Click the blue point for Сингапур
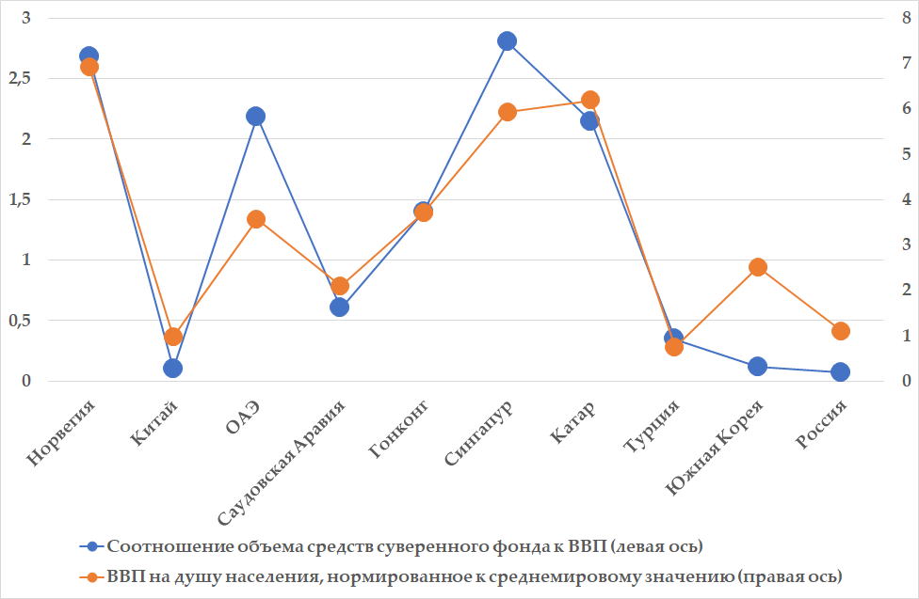pos(507,40)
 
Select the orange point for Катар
pos(590,100)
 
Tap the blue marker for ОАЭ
pos(256,116)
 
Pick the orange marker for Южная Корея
pos(758,267)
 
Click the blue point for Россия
pos(841,371)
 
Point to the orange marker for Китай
pos(173,337)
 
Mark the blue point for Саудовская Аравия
pos(340,307)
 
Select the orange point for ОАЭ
pos(256,219)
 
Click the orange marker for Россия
pos(841,330)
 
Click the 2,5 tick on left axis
pos(20,79)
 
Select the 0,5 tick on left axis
pos(20,321)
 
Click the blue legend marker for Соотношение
pos(92,545)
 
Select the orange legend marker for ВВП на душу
pos(92,575)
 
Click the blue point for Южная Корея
pos(758,366)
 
